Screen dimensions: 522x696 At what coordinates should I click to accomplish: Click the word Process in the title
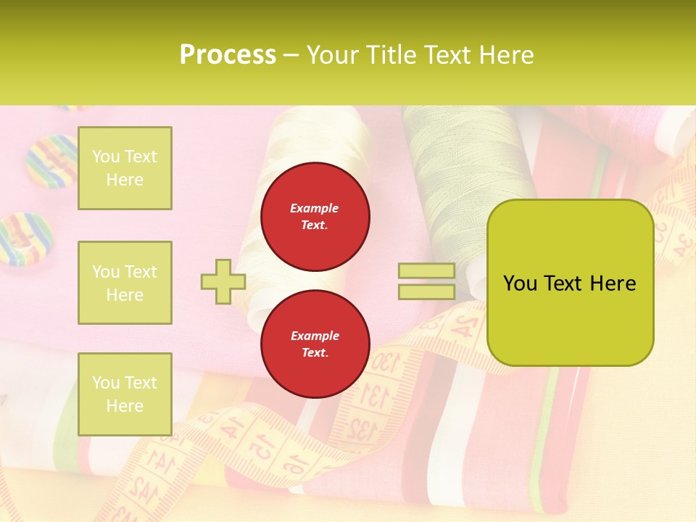tap(228, 55)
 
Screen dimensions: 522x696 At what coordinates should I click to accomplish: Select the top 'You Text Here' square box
tap(125, 168)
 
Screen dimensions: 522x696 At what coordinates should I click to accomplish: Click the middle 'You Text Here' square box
tap(125, 283)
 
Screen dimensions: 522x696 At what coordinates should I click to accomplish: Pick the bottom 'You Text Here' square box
tap(125, 394)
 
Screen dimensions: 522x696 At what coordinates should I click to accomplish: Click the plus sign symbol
tap(223, 281)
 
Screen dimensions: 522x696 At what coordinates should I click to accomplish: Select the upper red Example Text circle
tap(315, 217)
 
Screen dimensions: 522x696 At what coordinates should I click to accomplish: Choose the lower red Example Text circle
tap(315, 344)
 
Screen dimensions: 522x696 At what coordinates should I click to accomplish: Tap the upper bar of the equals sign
tap(426, 271)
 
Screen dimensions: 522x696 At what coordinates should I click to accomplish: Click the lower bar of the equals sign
tap(426, 291)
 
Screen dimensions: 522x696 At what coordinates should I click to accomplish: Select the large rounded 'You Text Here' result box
tap(570, 283)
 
